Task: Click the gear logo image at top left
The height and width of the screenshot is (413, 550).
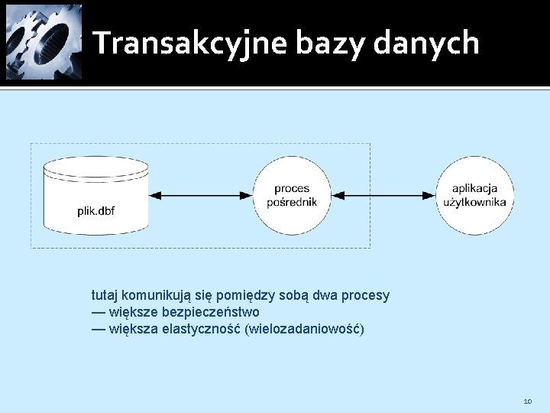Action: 44,42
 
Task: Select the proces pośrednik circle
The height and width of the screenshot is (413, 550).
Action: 292,196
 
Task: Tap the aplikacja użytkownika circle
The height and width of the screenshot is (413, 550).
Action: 475,196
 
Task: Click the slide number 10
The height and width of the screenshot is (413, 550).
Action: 528,401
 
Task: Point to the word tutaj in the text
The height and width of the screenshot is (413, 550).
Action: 105,295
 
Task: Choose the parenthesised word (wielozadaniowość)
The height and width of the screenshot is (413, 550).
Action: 304,330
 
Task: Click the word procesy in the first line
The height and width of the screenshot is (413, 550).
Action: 366,295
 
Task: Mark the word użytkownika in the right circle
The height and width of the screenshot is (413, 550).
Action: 475,203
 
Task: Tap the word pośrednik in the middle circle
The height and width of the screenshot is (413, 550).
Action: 292,203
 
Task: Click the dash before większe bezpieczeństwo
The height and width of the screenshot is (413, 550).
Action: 99,312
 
